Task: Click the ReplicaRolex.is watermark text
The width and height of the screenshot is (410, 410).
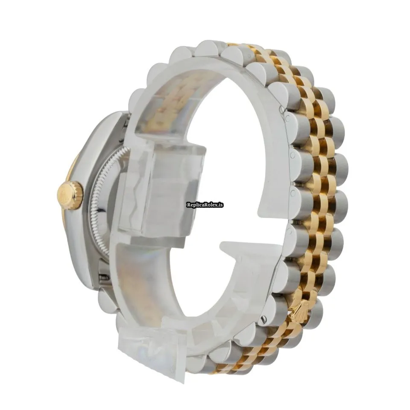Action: pos(205,205)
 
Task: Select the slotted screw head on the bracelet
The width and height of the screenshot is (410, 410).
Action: pos(264,319)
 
